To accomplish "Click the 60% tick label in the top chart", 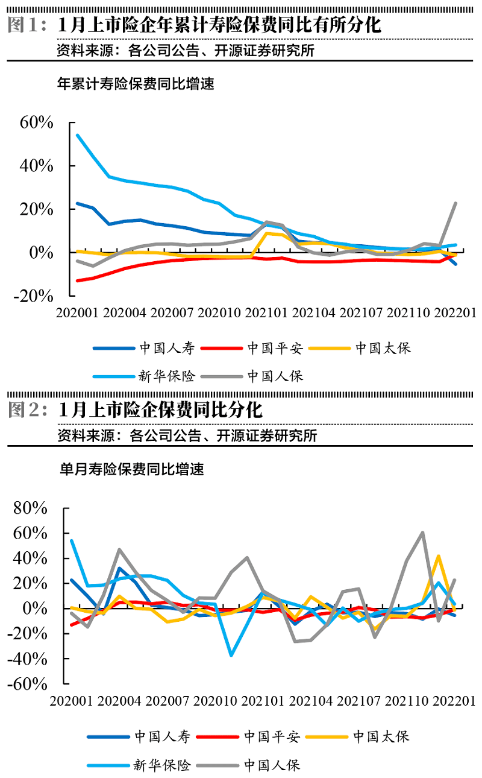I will [x=37, y=122].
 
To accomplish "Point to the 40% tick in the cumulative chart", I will [x=37, y=166].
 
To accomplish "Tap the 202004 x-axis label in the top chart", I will [x=125, y=313].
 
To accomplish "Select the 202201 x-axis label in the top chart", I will [x=455, y=313].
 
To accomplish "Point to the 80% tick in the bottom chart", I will [x=30, y=508].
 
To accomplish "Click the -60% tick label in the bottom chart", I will [x=27, y=684].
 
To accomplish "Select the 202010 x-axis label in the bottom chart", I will [x=217, y=701].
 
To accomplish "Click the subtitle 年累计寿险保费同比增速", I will [x=136, y=84].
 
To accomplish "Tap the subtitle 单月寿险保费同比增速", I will [x=131, y=469].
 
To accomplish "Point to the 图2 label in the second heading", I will [x=27, y=410].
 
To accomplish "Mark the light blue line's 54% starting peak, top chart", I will [x=77, y=135].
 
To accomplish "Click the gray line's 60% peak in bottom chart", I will [x=422, y=533].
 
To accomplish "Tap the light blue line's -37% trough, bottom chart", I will [x=231, y=655].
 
